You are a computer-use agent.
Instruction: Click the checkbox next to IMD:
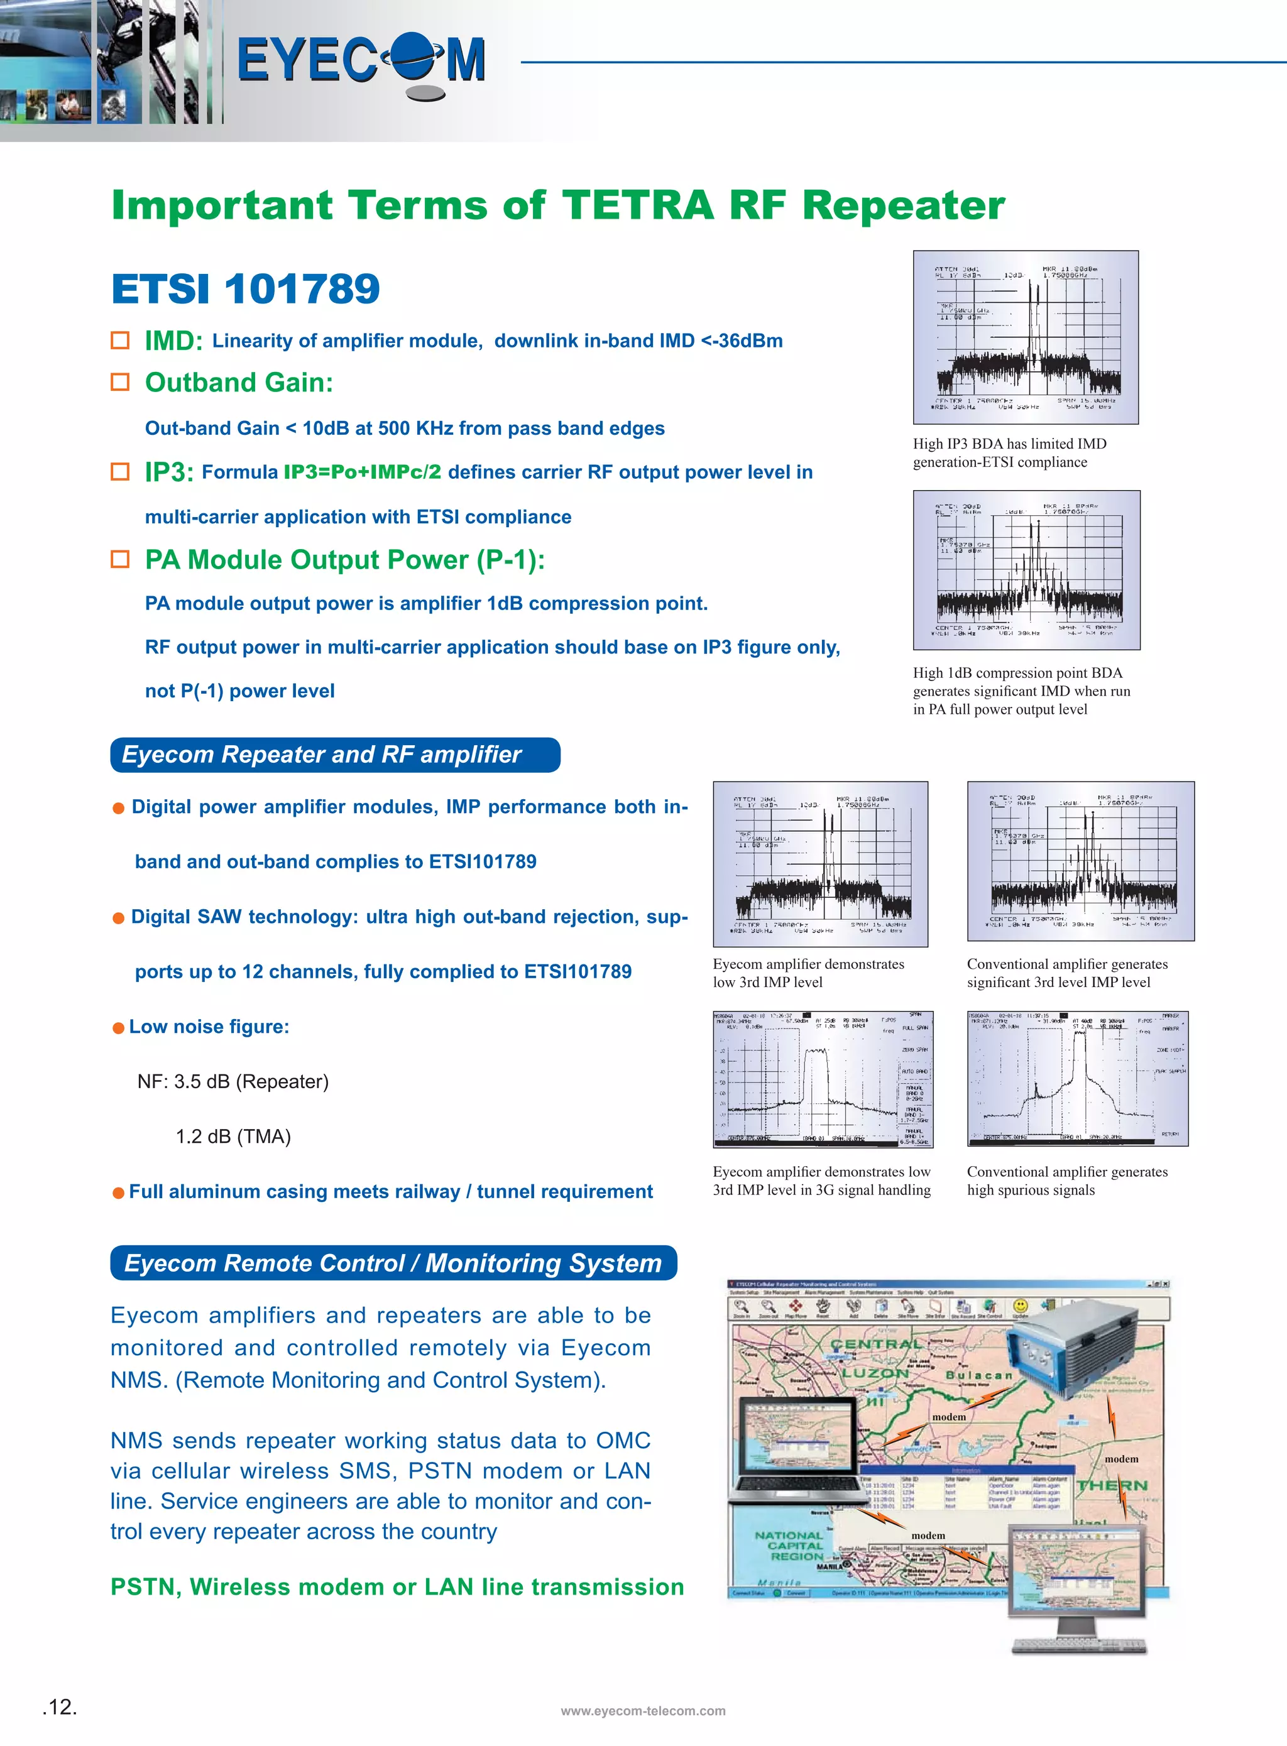(x=120, y=341)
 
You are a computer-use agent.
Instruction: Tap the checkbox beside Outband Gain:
(x=120, y=381)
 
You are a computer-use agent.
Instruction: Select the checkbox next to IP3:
(x=120, y=472)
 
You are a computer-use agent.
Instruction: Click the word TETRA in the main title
(x=637, y=205)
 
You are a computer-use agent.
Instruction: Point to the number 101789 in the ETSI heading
(x=302, y=289)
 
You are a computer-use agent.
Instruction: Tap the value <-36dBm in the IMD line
(x=742, y=341)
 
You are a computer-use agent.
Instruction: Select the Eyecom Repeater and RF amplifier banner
(x=335, y=755)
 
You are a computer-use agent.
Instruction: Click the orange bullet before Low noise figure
(x=118, y=1028)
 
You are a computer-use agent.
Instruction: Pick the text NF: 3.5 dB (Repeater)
(x=233, y=1082)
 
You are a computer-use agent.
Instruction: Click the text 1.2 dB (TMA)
(x=233, y=1136)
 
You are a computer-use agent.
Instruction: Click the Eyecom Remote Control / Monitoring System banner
(x=393, y=1262)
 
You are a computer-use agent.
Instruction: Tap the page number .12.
(x=59, y=1707)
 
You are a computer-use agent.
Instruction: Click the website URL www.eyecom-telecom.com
(x=643, y=1711)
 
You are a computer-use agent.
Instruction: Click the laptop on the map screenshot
(x=795, y=1449)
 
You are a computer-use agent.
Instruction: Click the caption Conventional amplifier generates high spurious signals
(x=1066, y=1181)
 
